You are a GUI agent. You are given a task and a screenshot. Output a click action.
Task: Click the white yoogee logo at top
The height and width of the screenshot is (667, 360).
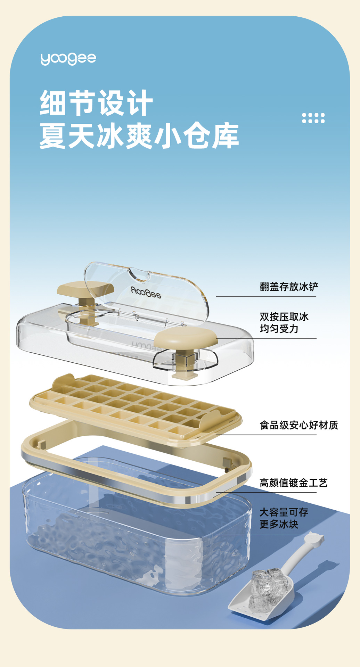click(x=68, y=59)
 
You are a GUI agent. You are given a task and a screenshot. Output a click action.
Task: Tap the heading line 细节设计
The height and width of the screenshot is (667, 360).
click(x=96, y=103)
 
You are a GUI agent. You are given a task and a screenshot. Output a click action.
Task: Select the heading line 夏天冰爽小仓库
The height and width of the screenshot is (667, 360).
click(x=139, y=135)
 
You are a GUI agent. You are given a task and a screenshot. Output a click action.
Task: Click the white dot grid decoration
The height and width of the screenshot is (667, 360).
click(x=313, y=118)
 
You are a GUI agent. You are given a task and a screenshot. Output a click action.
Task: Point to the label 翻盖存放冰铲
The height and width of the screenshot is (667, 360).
click(x=289, y=287)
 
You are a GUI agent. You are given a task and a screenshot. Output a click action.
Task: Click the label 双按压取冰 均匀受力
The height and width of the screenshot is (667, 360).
click(x=284, y=323)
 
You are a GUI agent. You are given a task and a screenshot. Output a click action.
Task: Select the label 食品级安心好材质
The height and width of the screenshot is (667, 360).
click(x=298, y=425)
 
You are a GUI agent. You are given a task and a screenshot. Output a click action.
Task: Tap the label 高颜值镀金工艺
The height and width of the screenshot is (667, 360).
click(x=293, y=483)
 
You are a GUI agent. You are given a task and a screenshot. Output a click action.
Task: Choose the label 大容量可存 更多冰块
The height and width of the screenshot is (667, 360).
click(x=284, y=518)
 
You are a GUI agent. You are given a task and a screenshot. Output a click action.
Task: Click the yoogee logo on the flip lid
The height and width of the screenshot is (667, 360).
click(x=146, y=293)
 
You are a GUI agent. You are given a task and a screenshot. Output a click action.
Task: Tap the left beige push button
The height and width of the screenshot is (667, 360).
click(x=85, y=289)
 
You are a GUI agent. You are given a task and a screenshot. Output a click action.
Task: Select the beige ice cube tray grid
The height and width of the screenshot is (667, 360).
click(x=136, y=403)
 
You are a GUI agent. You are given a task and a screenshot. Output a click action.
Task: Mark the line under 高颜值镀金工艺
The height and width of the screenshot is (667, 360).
click(x=266, y=492)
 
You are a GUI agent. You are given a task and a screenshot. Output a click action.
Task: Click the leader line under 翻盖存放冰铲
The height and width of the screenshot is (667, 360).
click(x=266, y=297)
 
